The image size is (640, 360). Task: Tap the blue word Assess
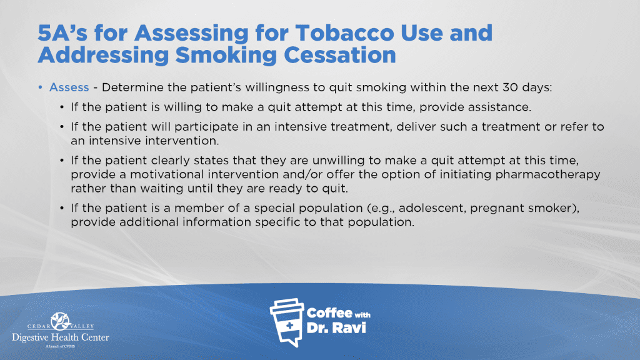click(69, 87)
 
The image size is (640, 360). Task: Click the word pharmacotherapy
click(547, 175)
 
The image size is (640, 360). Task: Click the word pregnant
click(497, 209)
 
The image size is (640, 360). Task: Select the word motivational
click(167, 175)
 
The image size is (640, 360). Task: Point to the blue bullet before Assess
click(41, 87)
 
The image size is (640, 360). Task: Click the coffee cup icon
click(286, 322)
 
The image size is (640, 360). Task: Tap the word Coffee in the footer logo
click(329, 313)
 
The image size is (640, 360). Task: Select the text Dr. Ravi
click(336, 327)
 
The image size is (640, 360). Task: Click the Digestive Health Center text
click(61, 337)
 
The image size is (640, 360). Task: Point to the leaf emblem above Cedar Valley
click(61, 321)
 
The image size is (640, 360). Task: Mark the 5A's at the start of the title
click(62, 33)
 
